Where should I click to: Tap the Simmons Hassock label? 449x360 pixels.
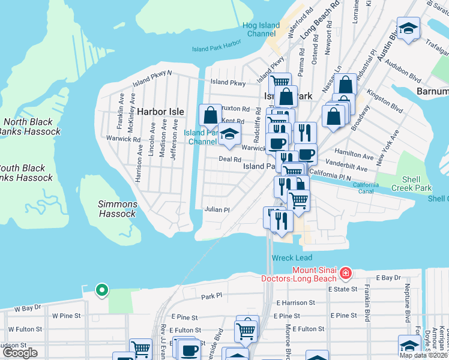pos(117,209)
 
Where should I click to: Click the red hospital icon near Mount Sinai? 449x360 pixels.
pos(345,274)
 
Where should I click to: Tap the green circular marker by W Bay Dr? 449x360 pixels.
pos(102,290)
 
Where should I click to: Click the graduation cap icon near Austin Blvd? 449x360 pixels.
pos(409,29)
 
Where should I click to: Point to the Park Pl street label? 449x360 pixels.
pos(212,296)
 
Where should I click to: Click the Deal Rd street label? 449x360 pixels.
pos(229,160)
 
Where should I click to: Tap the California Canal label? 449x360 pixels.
pos(366,188)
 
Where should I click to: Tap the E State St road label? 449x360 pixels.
pos(343,289)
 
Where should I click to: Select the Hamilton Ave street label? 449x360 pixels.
pos(355,154)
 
